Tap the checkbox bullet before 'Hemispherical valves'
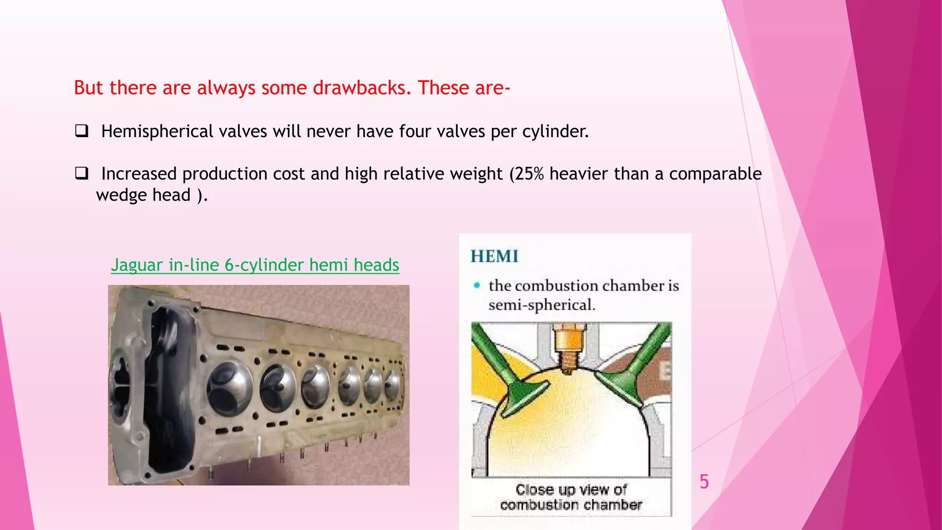tap(81, 131)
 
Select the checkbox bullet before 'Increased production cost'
tap(81, 173)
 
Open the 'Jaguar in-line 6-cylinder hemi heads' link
tap(255, 265)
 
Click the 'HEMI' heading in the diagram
tap(494, 256)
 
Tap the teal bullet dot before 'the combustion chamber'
tap(477, 286)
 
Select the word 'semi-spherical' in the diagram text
tap(541, 305)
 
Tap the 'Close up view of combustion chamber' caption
tap(571, 497)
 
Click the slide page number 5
tap(704, 482)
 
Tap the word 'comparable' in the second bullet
tap(715, 174)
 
